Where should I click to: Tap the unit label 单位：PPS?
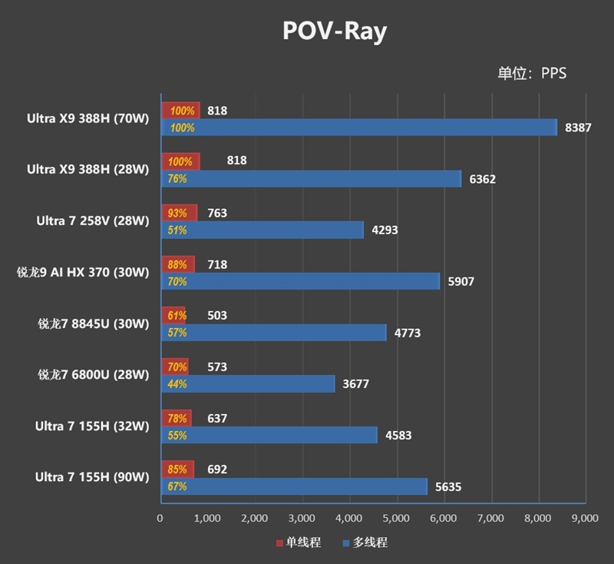pyautogui.click(x=532, y=73)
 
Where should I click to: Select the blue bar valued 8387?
pyautogui.click(x=359, y=128)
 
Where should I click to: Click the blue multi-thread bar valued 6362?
pyautogui.click(x=311, y=179)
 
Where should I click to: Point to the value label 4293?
pyautogui.click(x=384, y=230)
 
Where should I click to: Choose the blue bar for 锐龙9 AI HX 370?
pyautogui.click(x=300, y=281)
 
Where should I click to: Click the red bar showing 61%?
pyautogui.click(x=173, y=316)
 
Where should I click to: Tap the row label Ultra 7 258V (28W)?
pyautogui.click(x=92, y=221)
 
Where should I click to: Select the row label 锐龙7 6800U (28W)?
pyautogui.click(x=93, y=375)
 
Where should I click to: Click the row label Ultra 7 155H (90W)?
pyautogui.click(x=92, y=477)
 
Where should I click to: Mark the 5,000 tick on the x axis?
pyautogui.click(x=396, y=519)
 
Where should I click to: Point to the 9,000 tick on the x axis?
pyautogui.click(x=585, y=519)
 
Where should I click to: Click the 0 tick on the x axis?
pyautogui.click(x=160, y=519)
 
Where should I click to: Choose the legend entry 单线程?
pyautogui.click(x=298, y=542)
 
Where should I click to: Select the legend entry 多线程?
pyautogui.click(x=365, y=542)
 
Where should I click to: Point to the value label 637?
pyautogui.click(x=217, y=419)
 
